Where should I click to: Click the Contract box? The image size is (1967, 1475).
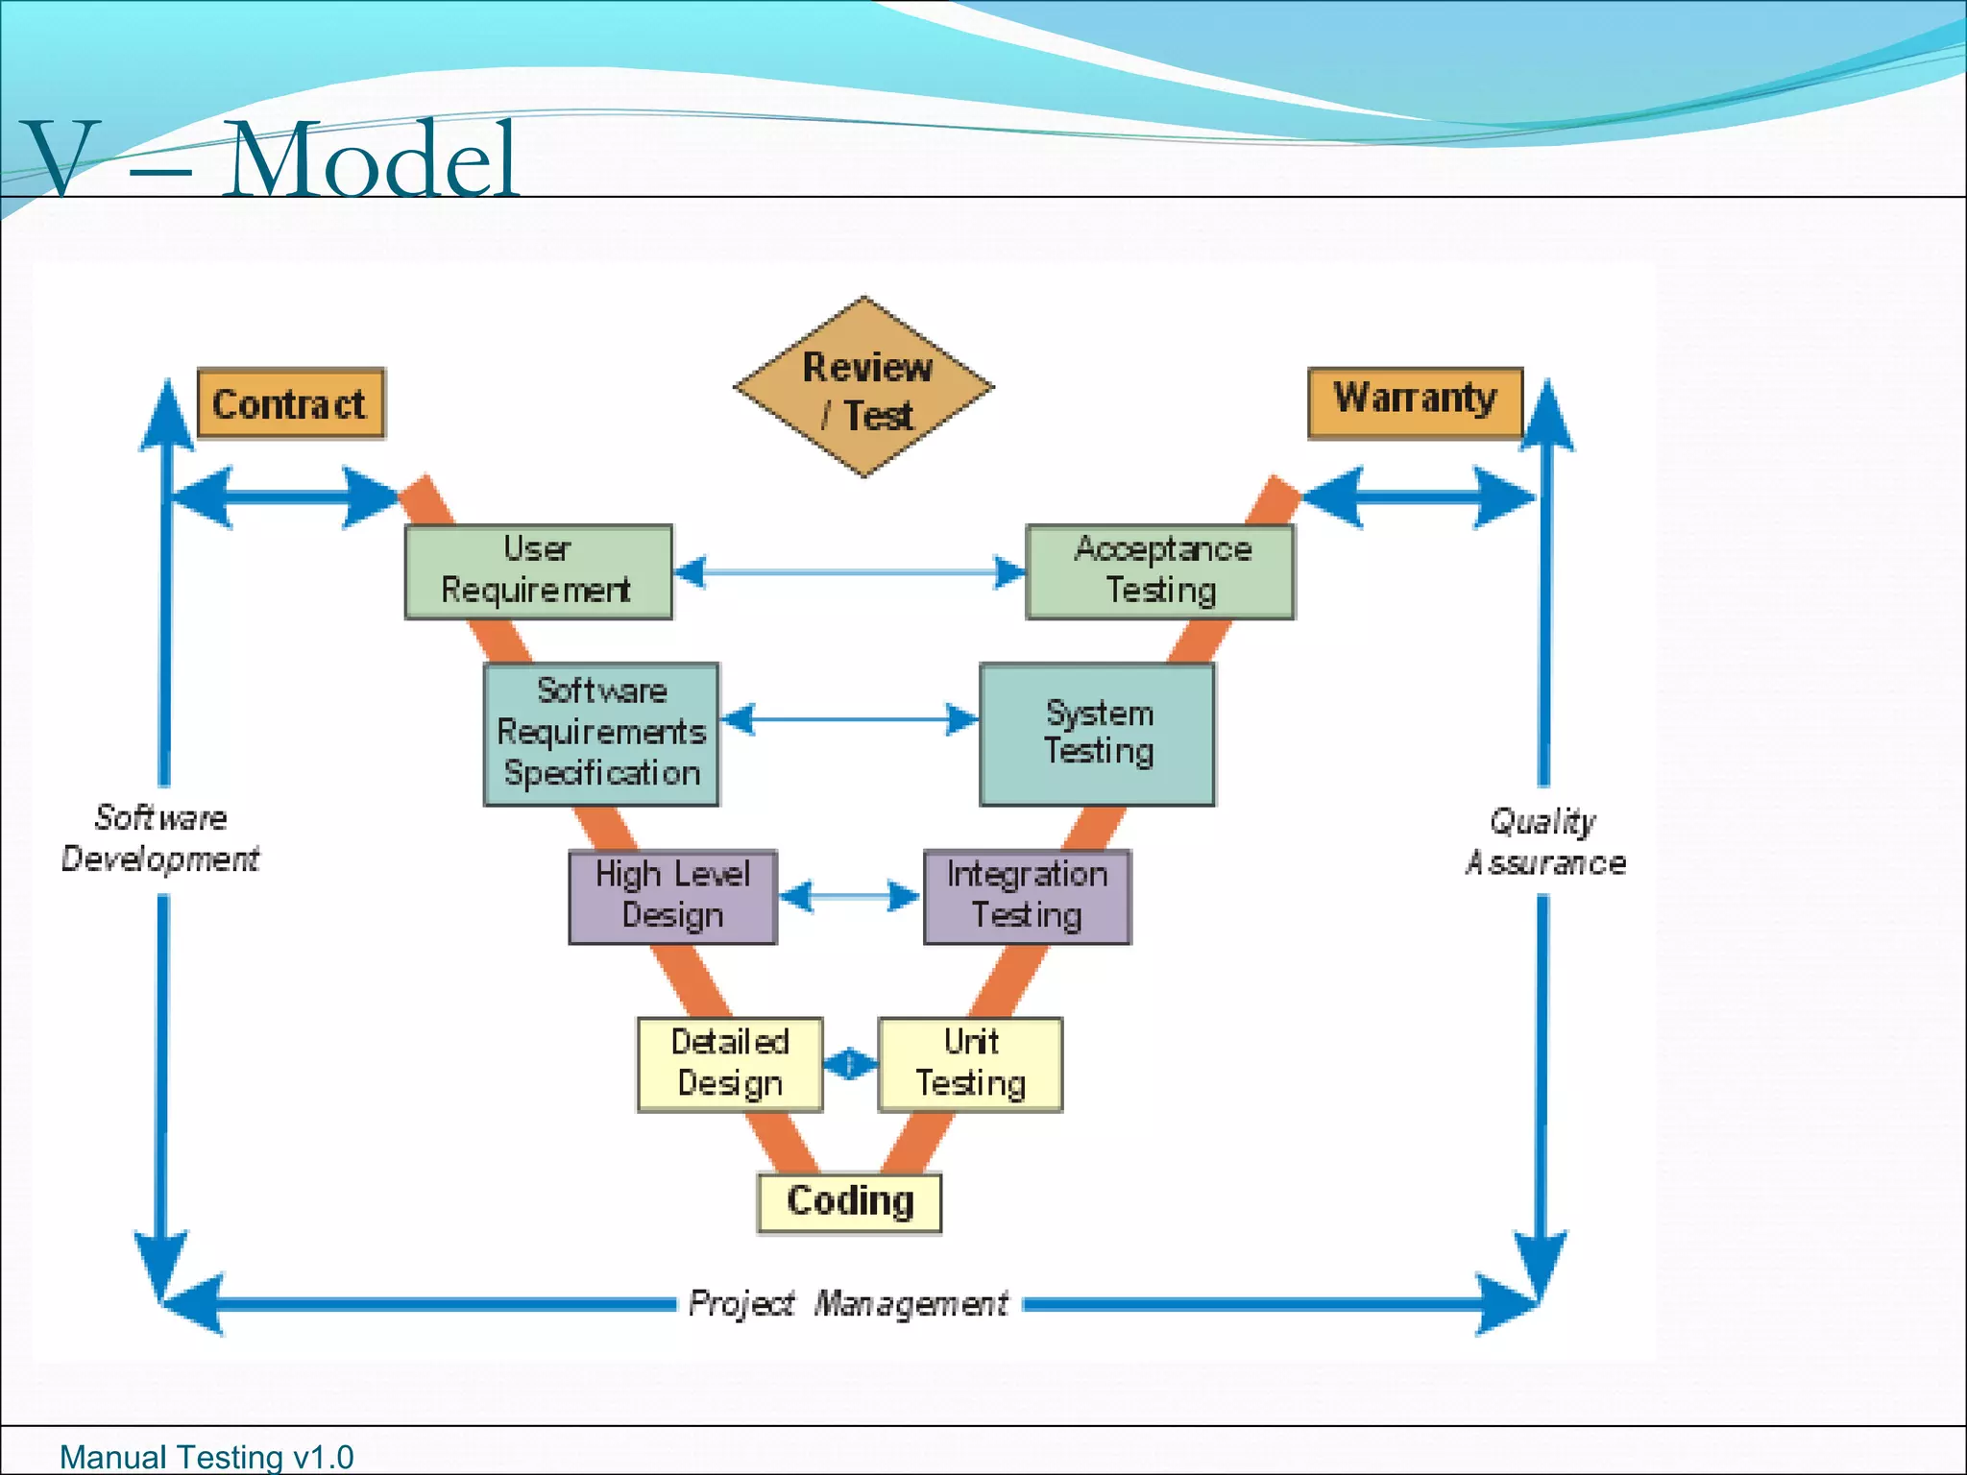[x=290, y=403]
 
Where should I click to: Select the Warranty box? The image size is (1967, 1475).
[x=1415, y=402]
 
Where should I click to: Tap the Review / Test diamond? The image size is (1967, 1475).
[x=863, y=387]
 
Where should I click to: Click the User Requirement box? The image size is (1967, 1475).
[x=538, y=571]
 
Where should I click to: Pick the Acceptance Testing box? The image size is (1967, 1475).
[x=1160, y=571]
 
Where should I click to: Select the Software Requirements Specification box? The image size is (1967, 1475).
[x=601, y=734]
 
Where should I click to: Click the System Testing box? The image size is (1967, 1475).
[x=1097, y=734]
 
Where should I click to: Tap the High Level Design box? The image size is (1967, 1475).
[x=672, y=896]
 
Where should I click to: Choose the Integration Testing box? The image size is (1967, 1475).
[x=1027, y=896]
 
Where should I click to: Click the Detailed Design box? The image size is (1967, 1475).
[x=730, y=1064]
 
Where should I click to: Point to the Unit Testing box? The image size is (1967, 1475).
[x=970, y=1064]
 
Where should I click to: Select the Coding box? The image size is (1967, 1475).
[x=849, y=1202]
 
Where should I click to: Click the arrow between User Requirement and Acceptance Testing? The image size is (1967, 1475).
[x=849, y=572]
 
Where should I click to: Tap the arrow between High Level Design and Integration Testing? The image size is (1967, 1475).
[x=849, y=897]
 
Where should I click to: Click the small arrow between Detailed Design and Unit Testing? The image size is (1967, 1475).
[x=850, y=1064]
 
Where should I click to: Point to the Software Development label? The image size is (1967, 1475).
[x=160, y=838]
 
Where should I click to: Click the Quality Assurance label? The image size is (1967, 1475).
[x=1544, y=842]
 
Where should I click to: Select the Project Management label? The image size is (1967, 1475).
[x=848, y=1303]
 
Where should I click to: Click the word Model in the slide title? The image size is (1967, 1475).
[x=372, y=159]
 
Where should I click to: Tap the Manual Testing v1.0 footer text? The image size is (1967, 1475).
[x=206, y=1457]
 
